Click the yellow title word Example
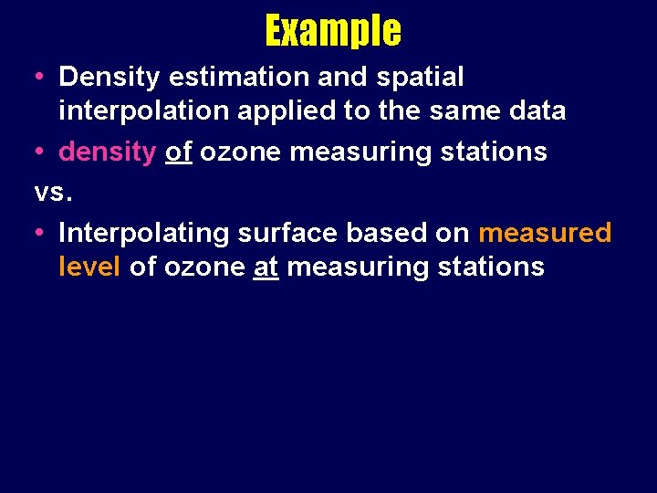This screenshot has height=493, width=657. click(333, 30)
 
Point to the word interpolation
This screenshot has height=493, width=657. click(141, 111)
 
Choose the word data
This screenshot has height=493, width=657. click(538, 111)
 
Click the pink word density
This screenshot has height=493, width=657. click(108, 152)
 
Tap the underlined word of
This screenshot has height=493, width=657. click(178, 152)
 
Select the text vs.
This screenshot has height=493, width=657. click(50, 193)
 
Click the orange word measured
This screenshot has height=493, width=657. click(545, 233)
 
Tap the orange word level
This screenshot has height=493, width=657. click(89, 267)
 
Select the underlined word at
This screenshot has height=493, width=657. click(266, 267)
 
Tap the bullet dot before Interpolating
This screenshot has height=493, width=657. click(39, 234)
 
